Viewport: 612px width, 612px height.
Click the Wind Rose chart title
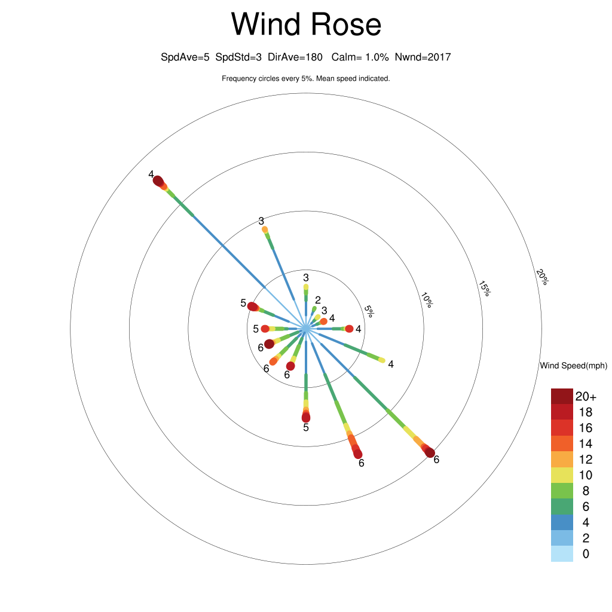click(306, 24)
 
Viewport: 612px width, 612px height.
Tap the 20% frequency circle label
click(542, 277)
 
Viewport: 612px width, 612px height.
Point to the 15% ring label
click(484, 289)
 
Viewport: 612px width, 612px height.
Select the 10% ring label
click(427, 300)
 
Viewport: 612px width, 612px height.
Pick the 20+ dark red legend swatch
click(562, 396)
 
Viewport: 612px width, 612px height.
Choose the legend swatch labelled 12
click(562, 459)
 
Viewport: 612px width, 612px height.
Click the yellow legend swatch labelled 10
click(562, 475)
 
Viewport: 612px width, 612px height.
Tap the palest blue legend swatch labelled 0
click(562, 554)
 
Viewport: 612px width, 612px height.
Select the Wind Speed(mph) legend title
click(573, 366)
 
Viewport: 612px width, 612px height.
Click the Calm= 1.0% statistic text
click(360, 57)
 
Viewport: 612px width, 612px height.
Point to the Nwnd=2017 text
click(423, 57)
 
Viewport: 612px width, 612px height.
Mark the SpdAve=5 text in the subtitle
click(185, 57)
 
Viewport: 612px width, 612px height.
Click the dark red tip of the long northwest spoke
click(158, 181)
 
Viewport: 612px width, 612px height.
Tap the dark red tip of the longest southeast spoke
click(430, 452)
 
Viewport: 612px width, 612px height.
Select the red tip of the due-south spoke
click(306, 417)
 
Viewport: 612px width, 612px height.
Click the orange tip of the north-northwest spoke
click(265, 229)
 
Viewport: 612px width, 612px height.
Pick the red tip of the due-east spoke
click(349, 329)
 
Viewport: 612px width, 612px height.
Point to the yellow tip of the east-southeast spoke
click(382, 360)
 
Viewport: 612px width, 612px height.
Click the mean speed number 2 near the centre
click(318, 300)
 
